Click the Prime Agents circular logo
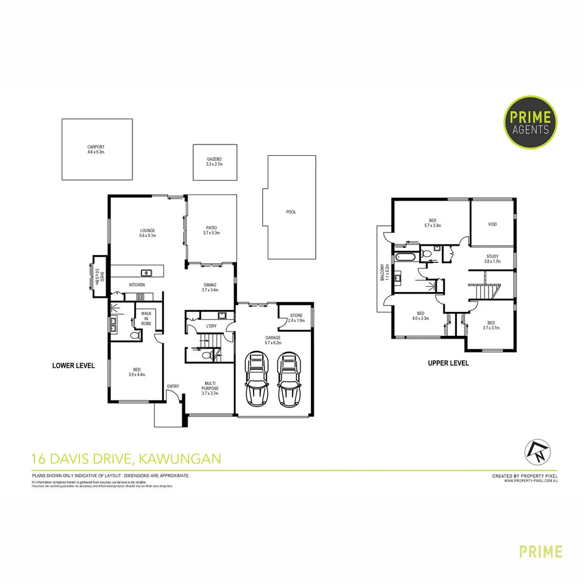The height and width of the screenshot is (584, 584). (531, 122)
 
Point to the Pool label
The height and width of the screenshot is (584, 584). (291, 212)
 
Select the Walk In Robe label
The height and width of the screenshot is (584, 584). (146, 318)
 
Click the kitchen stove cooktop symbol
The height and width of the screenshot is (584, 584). (140, 296)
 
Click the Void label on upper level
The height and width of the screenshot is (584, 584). (492, 224)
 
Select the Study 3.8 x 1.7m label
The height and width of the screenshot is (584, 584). (492, 259)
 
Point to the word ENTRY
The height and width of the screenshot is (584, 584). (173, 386)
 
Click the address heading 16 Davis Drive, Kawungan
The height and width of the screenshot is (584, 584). (127, 459)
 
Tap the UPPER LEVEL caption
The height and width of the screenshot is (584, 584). (448, 363)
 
